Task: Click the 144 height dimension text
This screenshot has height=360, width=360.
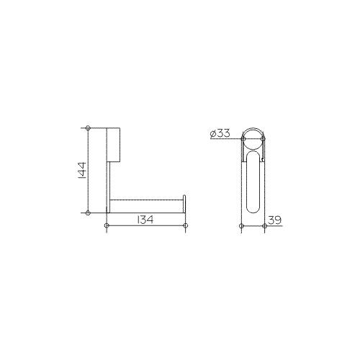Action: coord(82,171)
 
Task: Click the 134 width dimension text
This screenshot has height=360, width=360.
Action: coord(145,220)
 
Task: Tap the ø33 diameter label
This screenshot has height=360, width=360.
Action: coord(220,133)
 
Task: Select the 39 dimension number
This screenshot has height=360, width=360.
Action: coord(274,220)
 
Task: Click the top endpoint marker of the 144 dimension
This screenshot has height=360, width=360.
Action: coord(88,128)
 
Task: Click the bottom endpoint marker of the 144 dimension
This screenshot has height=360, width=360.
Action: coord(88,212)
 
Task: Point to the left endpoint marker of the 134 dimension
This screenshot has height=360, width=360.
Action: coord(107,225)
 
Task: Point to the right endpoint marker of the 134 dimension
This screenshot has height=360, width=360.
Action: coord(185,225)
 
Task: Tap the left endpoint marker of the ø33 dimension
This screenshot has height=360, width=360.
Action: coord(243,139)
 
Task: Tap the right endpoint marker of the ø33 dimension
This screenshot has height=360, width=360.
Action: coord(263,139)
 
